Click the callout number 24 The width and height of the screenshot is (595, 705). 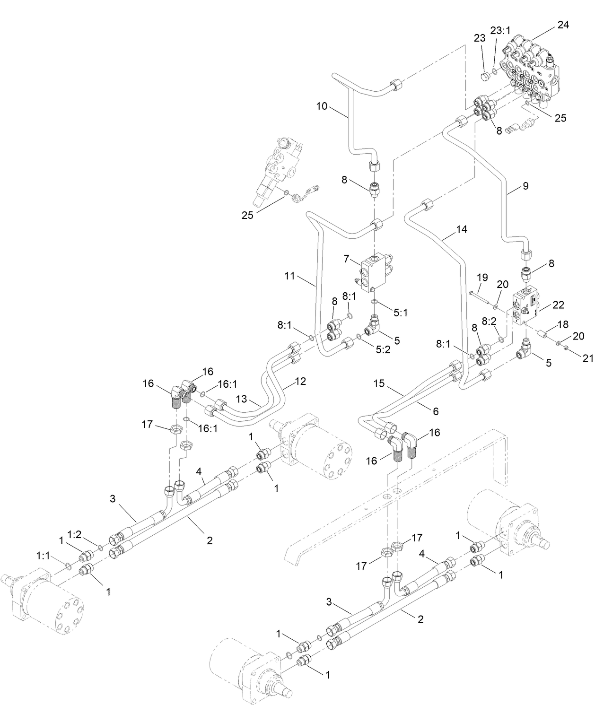click(x=563, y=25)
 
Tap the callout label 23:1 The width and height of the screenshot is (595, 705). click(x=500, y=31)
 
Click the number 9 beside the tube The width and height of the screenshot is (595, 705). click(x=525, y=186)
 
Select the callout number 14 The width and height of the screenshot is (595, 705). click(x=462, y=229)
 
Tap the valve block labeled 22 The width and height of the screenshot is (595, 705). click(x=526, y=307)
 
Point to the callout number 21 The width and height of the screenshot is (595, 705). click(x=587, y=358)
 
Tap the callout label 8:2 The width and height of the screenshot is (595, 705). click(x=489, y=321)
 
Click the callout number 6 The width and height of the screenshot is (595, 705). click(x=435, y=411)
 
